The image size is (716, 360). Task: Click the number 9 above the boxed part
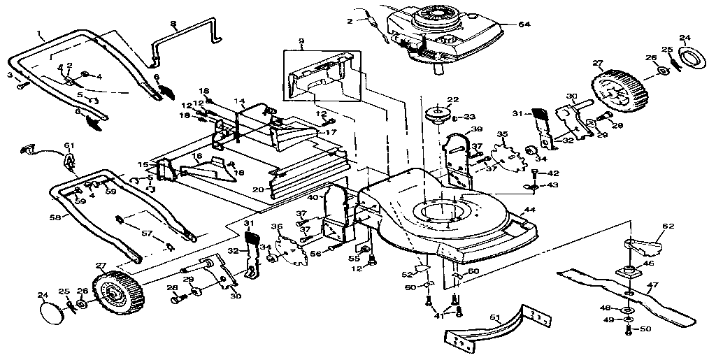point(301,41)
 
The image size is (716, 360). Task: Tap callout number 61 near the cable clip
point(69,145)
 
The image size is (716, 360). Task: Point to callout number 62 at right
point(668,226)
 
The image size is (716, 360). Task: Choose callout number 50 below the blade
point(645,329)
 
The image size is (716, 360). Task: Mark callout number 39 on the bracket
point(476,130)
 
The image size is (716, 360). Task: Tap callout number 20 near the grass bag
point(257,189)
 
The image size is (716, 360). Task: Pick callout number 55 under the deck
point(355,259)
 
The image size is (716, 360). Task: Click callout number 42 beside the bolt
point(552,173)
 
